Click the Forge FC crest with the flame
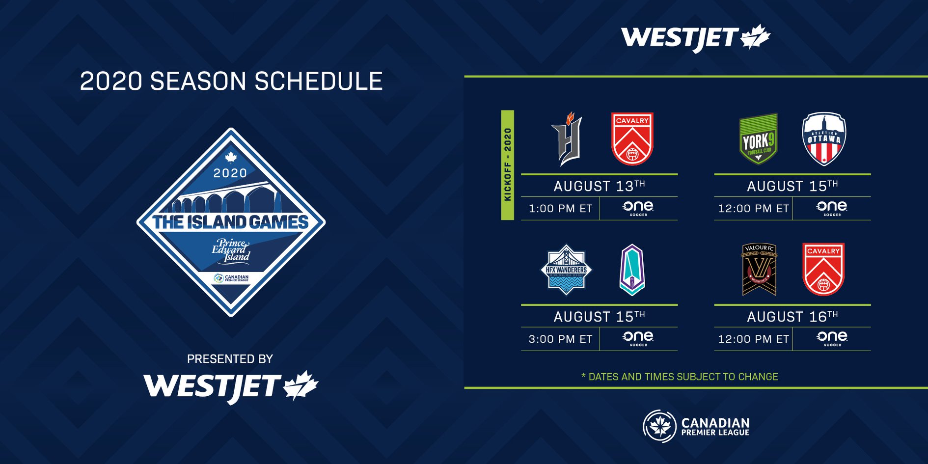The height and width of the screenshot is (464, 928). pos(568,139)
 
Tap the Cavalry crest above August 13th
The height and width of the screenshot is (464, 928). pos(632,139)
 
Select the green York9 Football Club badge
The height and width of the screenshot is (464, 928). pos(759,139)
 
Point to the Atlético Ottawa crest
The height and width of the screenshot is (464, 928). pos(824,139)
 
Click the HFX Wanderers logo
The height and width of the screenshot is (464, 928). pos(567,270)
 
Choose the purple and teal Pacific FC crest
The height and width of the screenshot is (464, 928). pos(632,270)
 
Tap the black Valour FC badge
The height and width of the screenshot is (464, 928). pos(759,270)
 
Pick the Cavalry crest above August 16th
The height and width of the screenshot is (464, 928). pos(824,270)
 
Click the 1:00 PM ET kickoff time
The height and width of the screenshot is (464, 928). pos(560,209)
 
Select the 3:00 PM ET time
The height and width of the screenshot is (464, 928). pos(560,339)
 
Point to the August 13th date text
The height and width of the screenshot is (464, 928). pos(600,186)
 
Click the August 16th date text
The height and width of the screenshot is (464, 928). pos(792,317)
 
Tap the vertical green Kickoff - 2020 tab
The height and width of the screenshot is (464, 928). pos(508,165)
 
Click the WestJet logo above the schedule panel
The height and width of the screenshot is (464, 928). pos(696,38)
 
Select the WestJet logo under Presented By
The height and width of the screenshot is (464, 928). pos(231,387)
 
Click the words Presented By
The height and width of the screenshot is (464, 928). pos(230,359)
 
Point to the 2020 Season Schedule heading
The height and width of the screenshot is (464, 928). pos(231,81)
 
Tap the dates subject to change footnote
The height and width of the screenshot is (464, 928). pos(680,377)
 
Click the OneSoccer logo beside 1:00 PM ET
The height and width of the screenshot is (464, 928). pos(638,208)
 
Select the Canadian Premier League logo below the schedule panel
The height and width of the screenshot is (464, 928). pos(696,426)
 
